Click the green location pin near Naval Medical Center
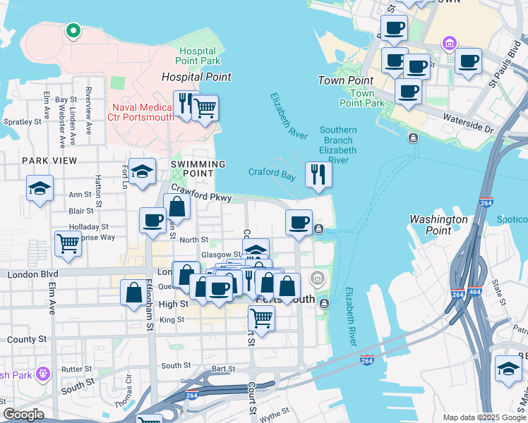click(x=72, y=30)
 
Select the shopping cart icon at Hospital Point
click(x=205, y=109)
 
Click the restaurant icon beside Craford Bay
click(x=318, y=174)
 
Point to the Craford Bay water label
click(x=272, y=172)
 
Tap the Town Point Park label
click(x=362, y=98)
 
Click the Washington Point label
click(x=438, y=225)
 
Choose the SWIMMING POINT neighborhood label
click(x=198, y=168)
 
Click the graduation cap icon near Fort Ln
click(x=142, y=172)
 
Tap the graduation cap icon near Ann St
click(x=40, y=188)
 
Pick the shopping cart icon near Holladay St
click(x=68, y=244)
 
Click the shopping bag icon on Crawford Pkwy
click(x=176, y=208)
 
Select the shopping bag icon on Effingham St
click(x=133, y=292)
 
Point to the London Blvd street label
click(x=29, y=274)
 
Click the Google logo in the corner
click(x=23, y=415)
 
